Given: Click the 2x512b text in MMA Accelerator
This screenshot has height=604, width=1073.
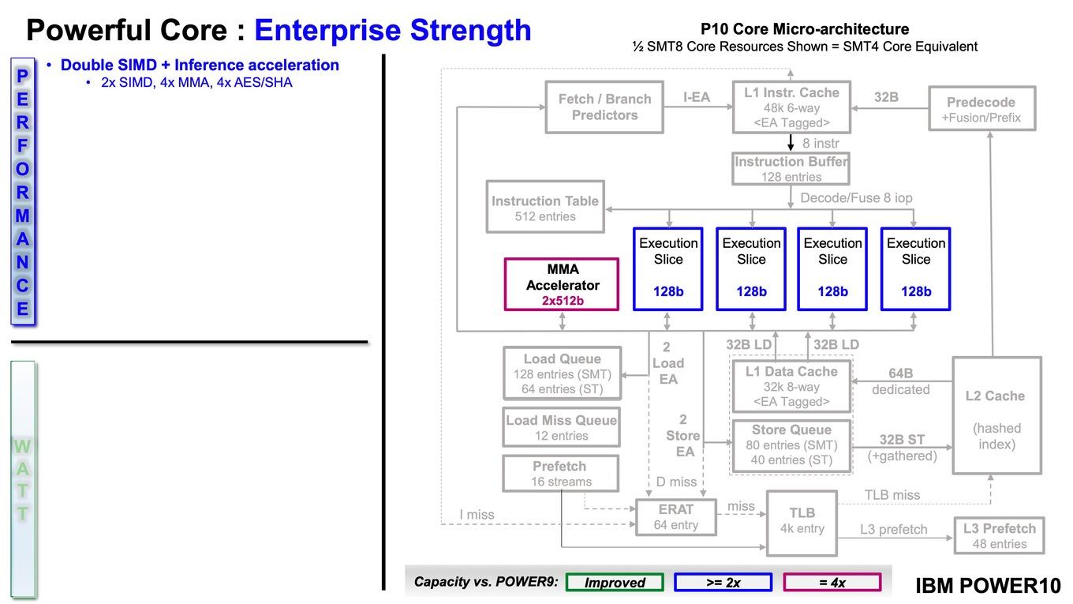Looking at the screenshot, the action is pos(563,301).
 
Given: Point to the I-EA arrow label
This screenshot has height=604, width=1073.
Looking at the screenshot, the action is pos(697,97).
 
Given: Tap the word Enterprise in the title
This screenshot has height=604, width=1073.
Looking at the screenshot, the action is pos(327,31).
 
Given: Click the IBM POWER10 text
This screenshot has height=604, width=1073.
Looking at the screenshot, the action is pos(989,585).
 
